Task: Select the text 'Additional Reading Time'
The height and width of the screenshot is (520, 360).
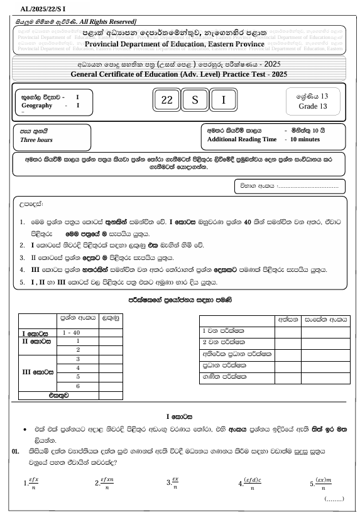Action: click(241, 139)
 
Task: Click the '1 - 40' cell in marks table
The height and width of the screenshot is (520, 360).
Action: click(76, 331)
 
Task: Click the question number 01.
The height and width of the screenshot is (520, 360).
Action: click(16, 451)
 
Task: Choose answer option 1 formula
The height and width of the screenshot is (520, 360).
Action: click(30, 484)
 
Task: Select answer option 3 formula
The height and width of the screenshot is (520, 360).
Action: click(172, 484)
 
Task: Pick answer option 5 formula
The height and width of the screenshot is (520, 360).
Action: click(322, 484)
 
